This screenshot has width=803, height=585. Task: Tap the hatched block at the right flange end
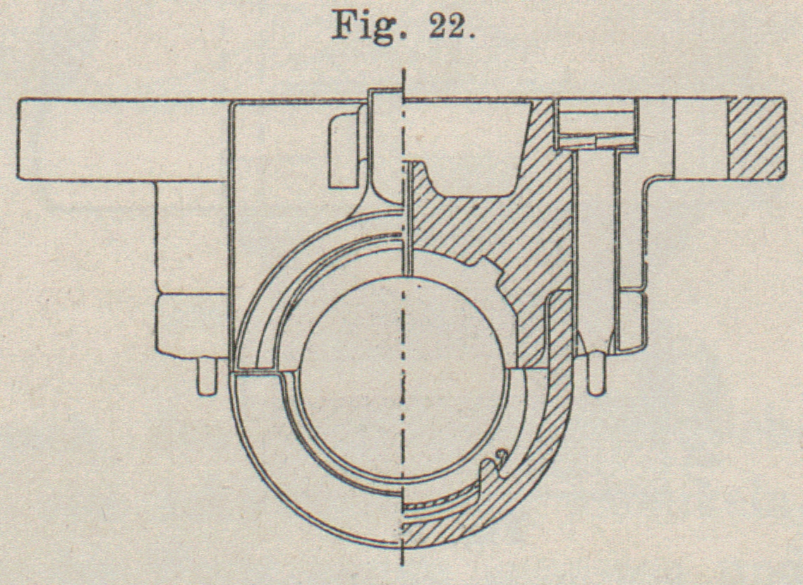pos(756,138)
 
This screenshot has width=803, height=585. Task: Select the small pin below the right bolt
pos(596,374)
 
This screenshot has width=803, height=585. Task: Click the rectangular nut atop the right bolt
pos(596,124)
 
